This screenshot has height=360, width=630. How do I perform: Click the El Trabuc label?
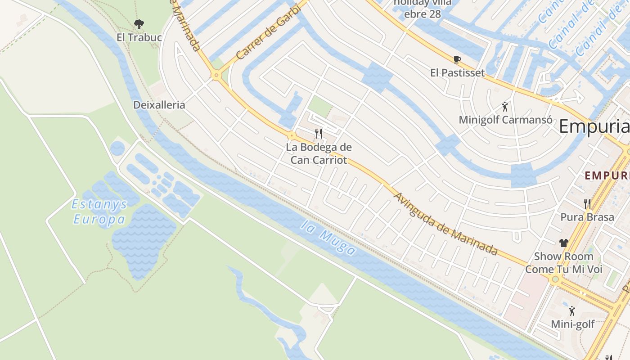pos(139,37)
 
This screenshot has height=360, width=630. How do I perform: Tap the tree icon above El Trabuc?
pos(139,24)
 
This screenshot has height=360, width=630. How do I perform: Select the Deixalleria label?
pos(159,105)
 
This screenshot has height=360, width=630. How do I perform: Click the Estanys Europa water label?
pos(99,212)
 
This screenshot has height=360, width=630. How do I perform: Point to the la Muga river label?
pos(328,238)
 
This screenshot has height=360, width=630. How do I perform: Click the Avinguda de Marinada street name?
pos(445,224)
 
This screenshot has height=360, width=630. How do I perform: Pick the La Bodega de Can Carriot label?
pos(319,153)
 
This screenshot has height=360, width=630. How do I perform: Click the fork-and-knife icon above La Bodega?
pos(319,133)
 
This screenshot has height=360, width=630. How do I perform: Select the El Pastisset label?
pos(457,73)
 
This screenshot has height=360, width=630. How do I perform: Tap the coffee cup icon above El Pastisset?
pos(457,59)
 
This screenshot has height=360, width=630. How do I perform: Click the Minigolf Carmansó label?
pos(505,120)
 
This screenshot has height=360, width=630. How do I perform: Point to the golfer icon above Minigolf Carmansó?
pos(505,107)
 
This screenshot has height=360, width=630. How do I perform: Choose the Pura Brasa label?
pos(587,217)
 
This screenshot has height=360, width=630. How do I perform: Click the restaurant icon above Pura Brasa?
pos(587,204)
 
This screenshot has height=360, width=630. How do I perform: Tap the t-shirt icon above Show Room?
pos(563,243)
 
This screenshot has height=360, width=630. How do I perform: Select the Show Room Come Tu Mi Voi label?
pos(563,263)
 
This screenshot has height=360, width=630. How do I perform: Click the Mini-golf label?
pos(572,324)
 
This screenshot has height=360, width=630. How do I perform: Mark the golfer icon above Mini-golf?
pos(572,311)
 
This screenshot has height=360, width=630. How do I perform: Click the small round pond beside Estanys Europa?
pos(117,148)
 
